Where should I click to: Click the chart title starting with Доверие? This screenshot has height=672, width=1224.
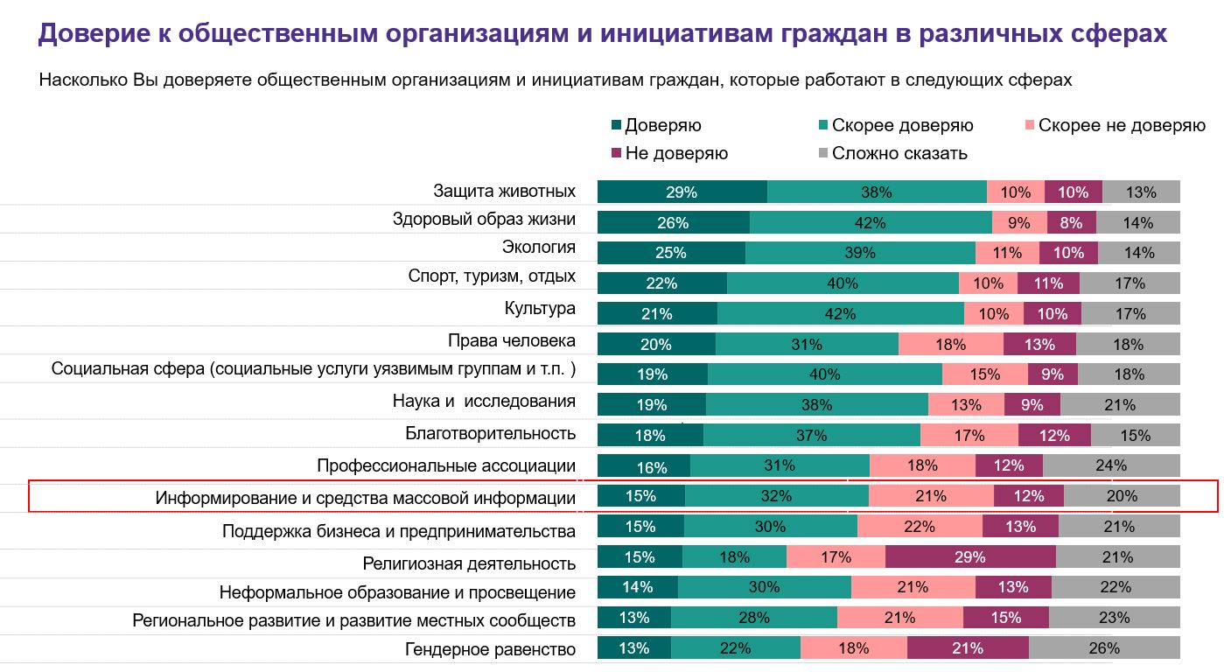click(602, 33)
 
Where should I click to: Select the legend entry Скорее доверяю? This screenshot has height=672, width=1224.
click(902, 125)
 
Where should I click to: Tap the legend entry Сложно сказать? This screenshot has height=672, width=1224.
click(899, 153)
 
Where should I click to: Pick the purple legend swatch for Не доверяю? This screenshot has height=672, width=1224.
click(617, 153)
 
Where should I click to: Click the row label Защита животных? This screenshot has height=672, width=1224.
click(504, 191)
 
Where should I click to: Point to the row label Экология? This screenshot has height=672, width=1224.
click(538, 248)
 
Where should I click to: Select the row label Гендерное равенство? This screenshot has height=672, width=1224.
click(490, 648)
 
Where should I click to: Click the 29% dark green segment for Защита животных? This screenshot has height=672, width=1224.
click(682, 192)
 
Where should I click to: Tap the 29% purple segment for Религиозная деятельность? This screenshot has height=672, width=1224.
click(970, 557)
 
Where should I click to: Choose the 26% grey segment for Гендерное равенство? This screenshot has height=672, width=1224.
click(1104, 648)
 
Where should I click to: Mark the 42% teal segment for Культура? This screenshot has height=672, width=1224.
click(841, 314)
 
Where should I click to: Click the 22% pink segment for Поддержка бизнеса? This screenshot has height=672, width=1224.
click(920, 527)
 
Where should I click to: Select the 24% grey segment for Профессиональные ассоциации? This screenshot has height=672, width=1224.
click(1111, 466)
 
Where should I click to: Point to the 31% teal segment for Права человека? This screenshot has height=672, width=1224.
click(807, 345)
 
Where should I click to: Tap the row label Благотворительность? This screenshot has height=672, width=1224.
click(490, 433)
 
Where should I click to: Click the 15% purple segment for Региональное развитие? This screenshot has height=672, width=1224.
click(1005, 618)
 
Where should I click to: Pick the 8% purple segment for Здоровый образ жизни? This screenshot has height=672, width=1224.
click(1071, 223)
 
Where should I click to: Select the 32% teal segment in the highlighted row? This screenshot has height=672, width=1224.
click(776, 496)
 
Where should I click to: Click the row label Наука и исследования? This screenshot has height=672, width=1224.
click(484, 402)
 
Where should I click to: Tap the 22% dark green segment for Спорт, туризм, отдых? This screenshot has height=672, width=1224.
click(661, 283)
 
